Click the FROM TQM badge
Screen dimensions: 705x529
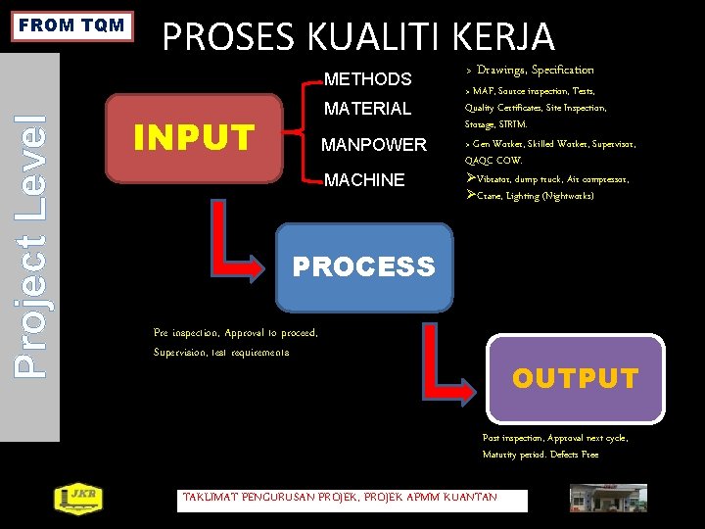[73, 25]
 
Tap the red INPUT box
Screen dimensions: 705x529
[194, 138]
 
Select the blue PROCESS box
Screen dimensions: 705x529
[364, 265]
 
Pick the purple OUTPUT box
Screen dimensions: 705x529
[575, 378]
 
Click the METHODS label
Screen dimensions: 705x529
[367, 79]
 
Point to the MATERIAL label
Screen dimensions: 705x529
[367, 109]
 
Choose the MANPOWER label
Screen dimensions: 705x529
[374, 145]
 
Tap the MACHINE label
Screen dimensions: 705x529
[364, 180]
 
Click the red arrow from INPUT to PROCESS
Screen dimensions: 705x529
[240, 245]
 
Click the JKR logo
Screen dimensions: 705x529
[75, 499]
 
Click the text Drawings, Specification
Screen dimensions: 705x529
[535, 71]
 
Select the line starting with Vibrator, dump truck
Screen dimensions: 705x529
[547, 179]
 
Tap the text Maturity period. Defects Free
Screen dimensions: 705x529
[540, 455]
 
